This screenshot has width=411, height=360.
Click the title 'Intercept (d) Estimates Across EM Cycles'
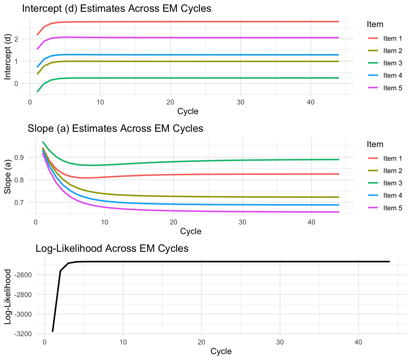[117, 9]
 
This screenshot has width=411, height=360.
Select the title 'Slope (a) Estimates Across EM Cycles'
[115, 129]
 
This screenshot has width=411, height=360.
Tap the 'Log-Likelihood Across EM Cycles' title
[112, 249]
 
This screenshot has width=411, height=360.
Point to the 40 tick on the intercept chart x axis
[311, 102]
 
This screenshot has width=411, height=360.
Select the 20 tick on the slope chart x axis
[173, 222]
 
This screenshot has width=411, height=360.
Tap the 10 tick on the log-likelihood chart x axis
[123, 342]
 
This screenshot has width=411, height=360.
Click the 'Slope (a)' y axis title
[8, 177]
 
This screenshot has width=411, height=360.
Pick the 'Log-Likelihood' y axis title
[8, 297]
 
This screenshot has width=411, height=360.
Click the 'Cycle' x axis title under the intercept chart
[188, 111]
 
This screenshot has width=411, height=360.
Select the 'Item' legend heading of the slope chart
[375, 144]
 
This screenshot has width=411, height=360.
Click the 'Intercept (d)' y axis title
[8, 57]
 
